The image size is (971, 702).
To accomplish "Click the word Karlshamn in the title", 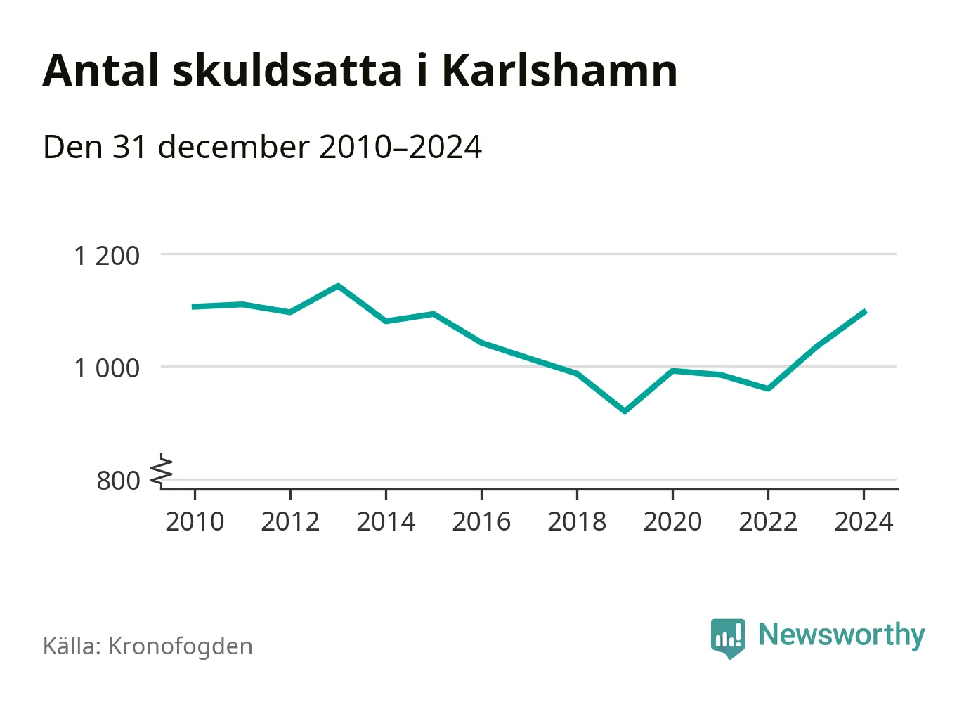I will coord(559,70).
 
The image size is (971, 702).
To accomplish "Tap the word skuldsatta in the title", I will coord(287,70).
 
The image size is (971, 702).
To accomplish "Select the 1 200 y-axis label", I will coord(107,256).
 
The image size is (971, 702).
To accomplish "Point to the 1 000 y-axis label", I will coord(107,368).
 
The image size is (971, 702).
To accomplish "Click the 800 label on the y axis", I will coord(118,481).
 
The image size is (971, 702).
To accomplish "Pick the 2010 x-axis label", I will coord(195,522).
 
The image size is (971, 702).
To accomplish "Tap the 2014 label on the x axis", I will coord(386,522).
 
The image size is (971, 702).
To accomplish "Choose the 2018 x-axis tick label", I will coord(577,522).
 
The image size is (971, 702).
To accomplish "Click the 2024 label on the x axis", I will coord(864,522).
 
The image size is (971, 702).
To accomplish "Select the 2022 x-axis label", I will coord(768,522).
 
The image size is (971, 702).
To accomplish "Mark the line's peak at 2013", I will coord(338,286).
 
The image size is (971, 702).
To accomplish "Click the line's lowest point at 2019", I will coord(625,411).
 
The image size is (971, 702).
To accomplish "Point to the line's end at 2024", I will coord(864,311).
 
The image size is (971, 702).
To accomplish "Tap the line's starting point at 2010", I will coord(195,306).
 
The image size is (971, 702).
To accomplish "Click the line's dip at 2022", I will coord(768,389).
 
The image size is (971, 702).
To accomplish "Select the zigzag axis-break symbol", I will coord(162,471).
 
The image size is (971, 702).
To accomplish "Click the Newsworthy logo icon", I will coord(727,638).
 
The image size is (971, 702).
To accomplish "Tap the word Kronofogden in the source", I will coord(180,646).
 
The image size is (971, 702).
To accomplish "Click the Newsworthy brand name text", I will coord(841,635).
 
